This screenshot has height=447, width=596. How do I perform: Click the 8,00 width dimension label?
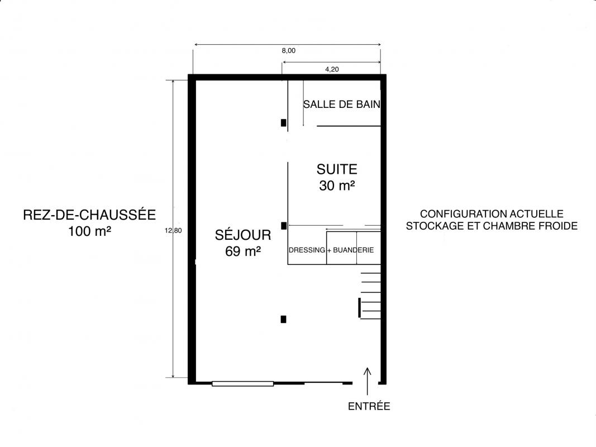click(288, 50)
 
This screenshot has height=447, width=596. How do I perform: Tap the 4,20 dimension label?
click(332, 69)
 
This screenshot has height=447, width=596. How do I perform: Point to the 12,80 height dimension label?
click(173, 230)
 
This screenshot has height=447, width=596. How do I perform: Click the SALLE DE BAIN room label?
click(342, 104)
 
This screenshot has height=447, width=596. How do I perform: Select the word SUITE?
click(337, 169)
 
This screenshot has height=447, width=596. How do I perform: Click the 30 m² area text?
click(337, 186)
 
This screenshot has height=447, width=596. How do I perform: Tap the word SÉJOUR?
click(243, 235)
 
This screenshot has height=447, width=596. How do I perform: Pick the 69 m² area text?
click(243, 251)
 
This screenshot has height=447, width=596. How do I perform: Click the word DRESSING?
click(307, 250)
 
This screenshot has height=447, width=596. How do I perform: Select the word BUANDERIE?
click(354, 250)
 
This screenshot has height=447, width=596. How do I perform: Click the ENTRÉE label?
click(369, 406)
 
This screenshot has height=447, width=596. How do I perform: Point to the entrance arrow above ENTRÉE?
click(367, 382)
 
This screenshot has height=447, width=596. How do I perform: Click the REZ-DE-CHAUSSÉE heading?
click(89, 215)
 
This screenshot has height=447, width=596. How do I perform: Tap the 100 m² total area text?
click(90, 231)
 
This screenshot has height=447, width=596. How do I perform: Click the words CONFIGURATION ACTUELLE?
click(492, 213)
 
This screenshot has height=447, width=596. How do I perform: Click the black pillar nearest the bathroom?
click(284, 123)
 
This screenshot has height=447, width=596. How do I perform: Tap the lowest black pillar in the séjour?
click(284, 319)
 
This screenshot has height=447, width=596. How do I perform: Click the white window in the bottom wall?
click(242, 384)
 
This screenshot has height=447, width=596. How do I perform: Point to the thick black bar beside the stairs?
click(360, 308)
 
